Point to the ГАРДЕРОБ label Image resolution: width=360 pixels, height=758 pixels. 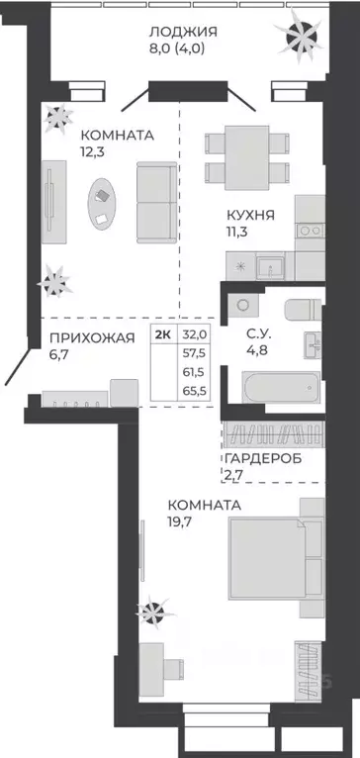[x=263, y=459]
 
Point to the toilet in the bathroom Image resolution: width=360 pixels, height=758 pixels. [x=300, y=309]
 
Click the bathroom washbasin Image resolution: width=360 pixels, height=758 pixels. [x=313, y=344]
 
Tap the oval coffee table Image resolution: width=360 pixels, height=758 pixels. [x=102, y=195]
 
